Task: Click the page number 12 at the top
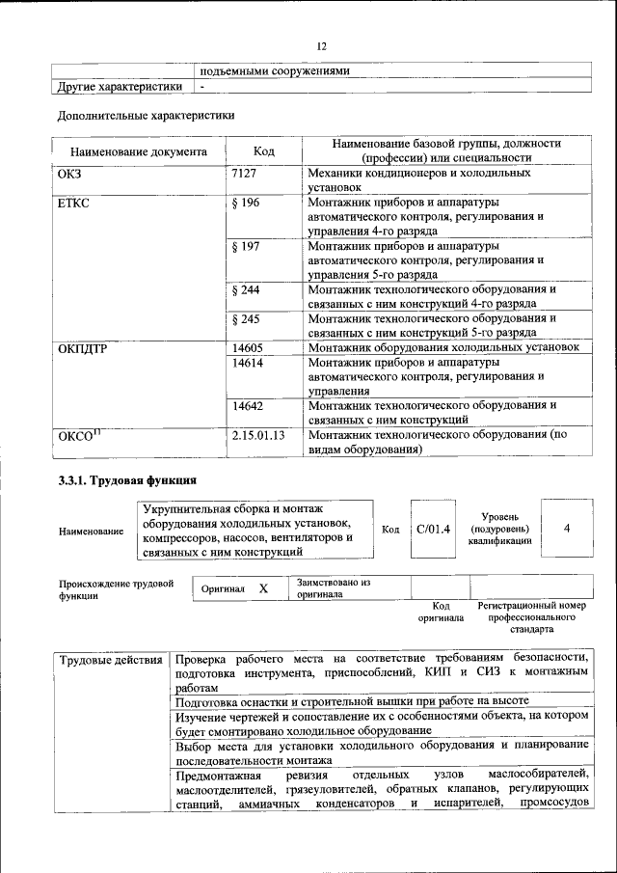tap(322, 44)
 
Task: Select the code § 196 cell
tap(248, 203)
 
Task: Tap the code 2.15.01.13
tap(259, 436)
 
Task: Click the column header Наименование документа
tap(138, 152)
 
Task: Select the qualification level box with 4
tap(566, 529)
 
